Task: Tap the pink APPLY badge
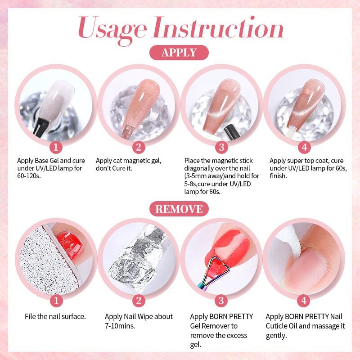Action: click(x=179, y=53)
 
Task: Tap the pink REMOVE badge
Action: click(x=179, y=209)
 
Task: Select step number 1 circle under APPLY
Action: click(x=56, y=147)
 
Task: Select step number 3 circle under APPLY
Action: click(x=221, y=147)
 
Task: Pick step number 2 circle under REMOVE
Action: click(x=139, y=300)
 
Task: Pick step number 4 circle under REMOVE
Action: click(x=304, y=300)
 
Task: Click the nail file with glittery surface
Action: click(x=43, y=261)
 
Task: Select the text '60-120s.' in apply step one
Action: click(x=29, y=176)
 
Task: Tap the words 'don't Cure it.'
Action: click(x=115, y=168)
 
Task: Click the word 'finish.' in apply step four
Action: click(x=279, y=176)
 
